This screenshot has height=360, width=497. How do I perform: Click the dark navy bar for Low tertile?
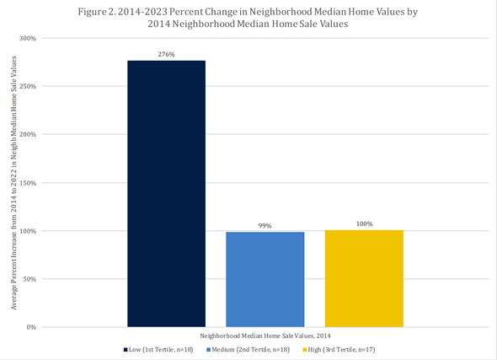[166, 193]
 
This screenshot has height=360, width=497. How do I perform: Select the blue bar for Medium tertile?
[265, 279]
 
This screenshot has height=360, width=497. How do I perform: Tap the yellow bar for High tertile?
[364, 278]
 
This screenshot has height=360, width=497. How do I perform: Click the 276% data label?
[166, 54]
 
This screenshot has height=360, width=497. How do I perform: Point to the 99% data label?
[265, 225]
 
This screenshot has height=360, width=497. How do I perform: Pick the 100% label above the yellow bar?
[364, 224]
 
